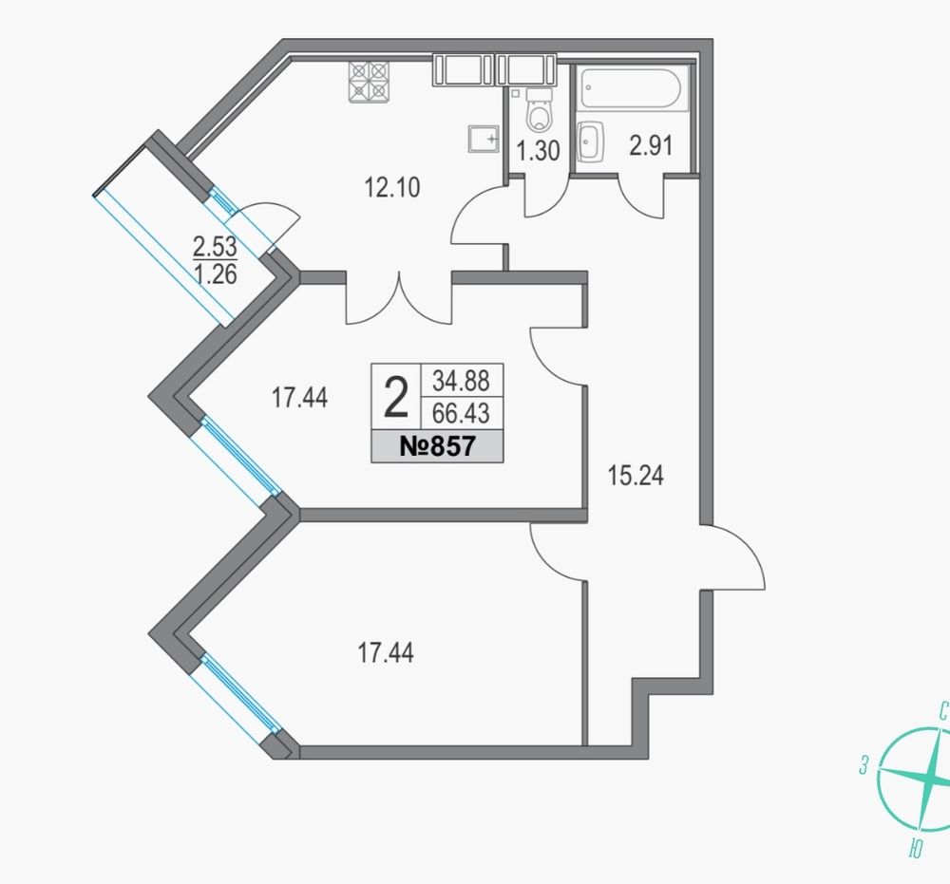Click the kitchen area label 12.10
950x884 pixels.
391,188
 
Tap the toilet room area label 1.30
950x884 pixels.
538,151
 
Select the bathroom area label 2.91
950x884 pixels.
651,146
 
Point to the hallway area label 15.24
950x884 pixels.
636,476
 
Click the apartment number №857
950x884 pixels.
437,447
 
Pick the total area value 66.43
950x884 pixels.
461,414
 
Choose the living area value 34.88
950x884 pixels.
461,381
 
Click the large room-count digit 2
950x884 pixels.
396,397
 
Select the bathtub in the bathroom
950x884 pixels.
633,89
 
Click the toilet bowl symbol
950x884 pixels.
539,111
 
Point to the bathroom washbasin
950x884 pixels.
590,142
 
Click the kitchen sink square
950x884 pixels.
484,140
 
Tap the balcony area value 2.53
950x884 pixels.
215,247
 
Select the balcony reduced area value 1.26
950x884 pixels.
216,274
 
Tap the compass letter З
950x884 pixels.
864,766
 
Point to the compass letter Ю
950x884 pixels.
916,850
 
